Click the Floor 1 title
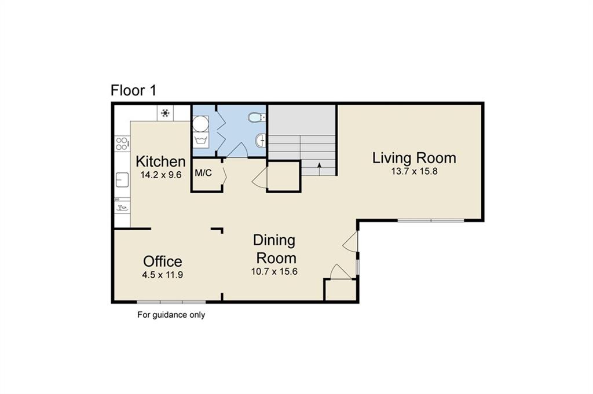coord(133,90)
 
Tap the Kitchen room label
coord(160,161)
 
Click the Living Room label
coord(413,157)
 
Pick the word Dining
coord(274,240)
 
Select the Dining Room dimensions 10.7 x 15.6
coord(274,271)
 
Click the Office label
coord(163,262)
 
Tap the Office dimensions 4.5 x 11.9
coord(163,275)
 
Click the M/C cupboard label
coord(203,172)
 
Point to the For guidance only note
coord(171,315)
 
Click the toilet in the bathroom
coord(255,118)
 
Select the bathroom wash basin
coord(261,139)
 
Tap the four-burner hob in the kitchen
coord(122,143)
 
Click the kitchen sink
coord(122,180)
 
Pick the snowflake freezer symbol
coord(165,112)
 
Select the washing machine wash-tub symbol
coord(200,140)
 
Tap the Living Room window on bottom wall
coord(431,220)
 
